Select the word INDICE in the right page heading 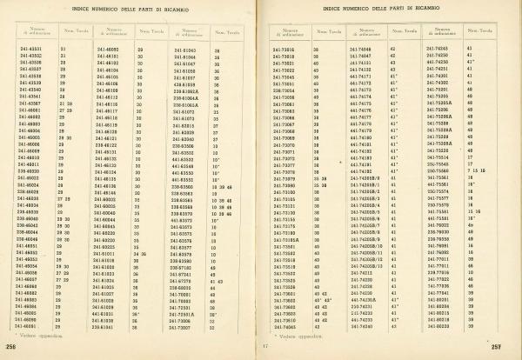coord(334,8)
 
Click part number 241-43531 coord(30,49)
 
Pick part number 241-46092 coord(107,50)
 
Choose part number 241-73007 coord(180,327)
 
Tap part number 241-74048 coord(358,50)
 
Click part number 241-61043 coord(182,50)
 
